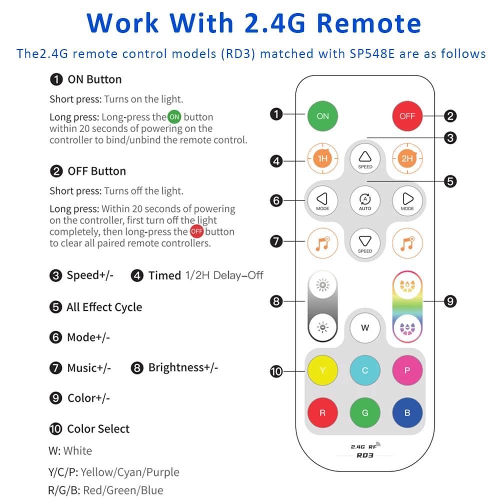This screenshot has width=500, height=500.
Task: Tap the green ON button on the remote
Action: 322,116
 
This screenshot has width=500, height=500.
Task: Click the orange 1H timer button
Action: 322,158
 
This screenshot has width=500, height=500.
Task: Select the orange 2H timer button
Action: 407,158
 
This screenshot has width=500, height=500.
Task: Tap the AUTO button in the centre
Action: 365,200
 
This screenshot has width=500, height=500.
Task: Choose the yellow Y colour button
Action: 322,370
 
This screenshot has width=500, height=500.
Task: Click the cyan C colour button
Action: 365,370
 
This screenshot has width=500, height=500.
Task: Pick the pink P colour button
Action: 407,370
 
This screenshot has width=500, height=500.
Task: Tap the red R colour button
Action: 322,412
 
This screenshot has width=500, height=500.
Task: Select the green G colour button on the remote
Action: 365,412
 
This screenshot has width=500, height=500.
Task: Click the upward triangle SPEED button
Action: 365,158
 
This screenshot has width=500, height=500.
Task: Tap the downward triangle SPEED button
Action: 365,243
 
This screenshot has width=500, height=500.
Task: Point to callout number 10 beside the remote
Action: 276,371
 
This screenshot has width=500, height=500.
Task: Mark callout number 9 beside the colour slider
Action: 450,301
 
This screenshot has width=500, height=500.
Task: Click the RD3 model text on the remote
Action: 365,455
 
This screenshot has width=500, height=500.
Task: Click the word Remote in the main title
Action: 369,23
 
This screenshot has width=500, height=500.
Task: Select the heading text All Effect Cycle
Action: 104,307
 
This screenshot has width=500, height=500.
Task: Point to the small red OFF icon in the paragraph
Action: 196,231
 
